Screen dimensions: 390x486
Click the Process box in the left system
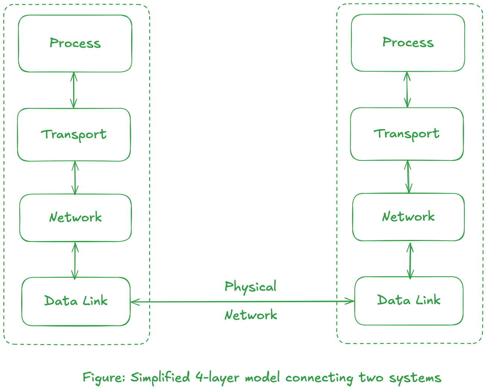point(75,43)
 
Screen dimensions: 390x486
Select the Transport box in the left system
point(74,135)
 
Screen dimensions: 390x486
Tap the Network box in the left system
point(75,218)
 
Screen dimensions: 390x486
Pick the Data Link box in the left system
point(76,301)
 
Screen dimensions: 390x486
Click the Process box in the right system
point(408,43)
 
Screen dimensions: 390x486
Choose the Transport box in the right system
point(407,134)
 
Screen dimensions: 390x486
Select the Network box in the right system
point(408,217)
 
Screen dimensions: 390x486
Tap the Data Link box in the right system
point(409,300)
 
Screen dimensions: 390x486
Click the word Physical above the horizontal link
point(250,287)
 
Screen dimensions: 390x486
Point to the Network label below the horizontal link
point(250,315)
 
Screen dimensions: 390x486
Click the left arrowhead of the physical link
point(134,302)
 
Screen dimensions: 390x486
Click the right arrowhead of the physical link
point(350,301)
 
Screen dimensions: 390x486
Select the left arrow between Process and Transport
point(73,90)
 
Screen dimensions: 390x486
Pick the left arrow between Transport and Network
point(75,178)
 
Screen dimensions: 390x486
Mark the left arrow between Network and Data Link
point(75,260)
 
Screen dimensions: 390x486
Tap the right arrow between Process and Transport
point(407,89)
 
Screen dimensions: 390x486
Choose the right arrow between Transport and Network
point(408,177)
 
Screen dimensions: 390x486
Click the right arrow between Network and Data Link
point(410,260)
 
